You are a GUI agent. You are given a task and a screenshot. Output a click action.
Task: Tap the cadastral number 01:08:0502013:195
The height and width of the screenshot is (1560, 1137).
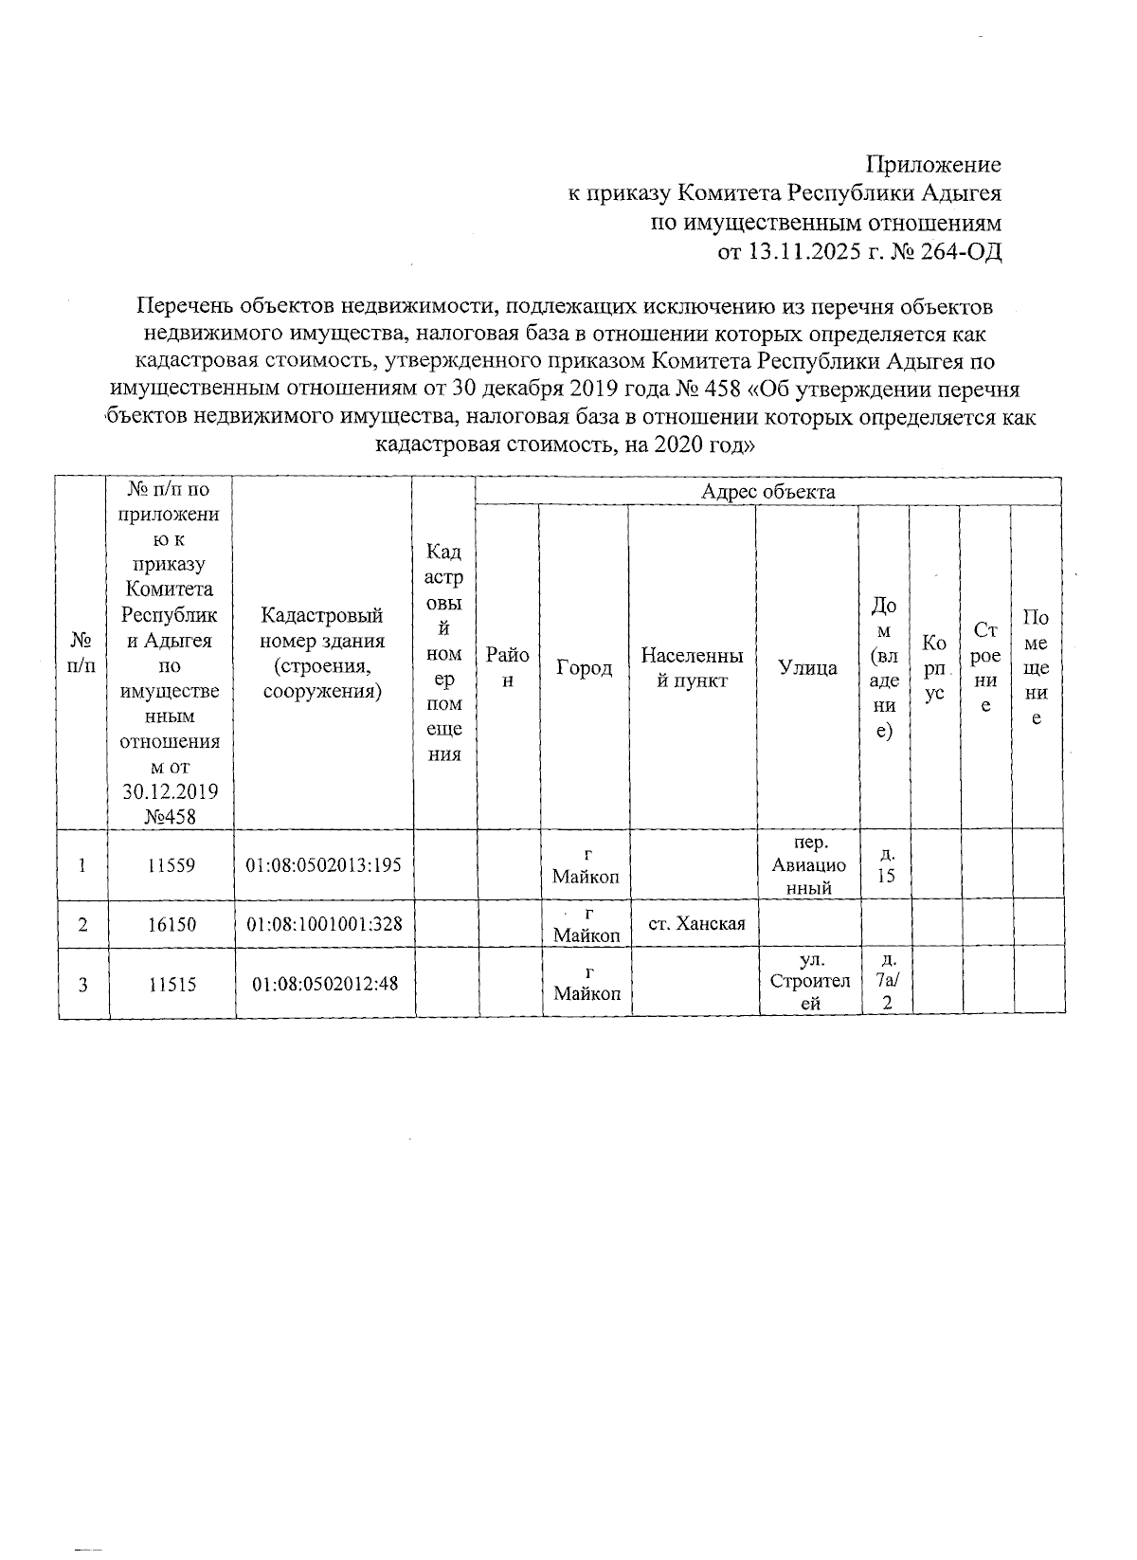click(324, 865)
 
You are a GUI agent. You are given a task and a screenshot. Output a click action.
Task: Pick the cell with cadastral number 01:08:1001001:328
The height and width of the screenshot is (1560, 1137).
click(324, 924)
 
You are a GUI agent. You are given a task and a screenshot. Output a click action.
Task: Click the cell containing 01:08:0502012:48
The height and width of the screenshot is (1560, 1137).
click(324, 984)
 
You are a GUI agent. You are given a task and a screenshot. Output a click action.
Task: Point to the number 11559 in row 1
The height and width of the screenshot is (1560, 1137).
click(172, 865)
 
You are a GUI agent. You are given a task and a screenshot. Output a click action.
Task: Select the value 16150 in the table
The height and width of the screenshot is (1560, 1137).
click(172, 924)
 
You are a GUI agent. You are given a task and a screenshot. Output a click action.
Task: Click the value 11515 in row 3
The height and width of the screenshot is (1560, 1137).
click(172, 984)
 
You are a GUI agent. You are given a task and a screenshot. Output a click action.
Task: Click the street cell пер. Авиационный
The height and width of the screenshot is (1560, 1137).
click(808, 865)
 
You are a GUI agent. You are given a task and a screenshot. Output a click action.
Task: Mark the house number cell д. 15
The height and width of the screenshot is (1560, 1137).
click(885, 865)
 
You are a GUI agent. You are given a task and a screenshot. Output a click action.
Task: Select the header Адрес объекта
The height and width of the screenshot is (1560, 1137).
click(767, 491)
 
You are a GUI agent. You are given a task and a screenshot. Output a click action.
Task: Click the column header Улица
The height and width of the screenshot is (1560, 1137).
click(807, 667)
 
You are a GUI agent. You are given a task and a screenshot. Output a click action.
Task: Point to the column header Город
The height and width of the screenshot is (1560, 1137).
click(584, 667)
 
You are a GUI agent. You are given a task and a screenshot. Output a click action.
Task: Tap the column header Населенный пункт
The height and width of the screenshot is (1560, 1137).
click(692, 667)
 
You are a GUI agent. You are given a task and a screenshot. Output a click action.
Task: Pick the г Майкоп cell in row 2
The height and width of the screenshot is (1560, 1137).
click(587, 924)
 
